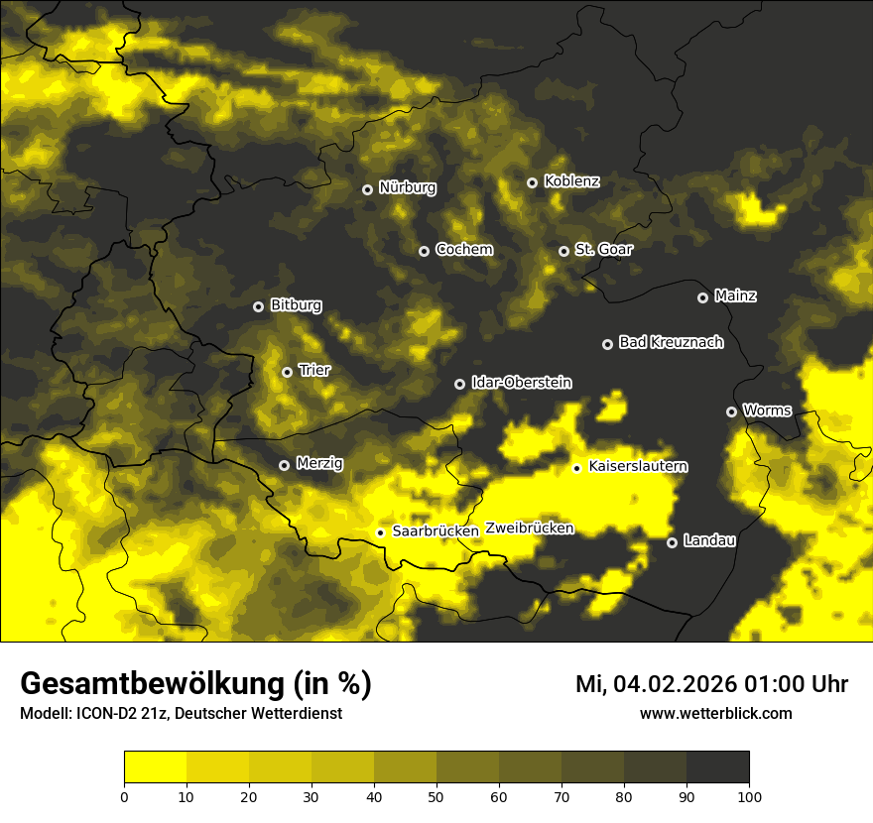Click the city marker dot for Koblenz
click(x=532, y=182)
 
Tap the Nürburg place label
click(x=407, y=187)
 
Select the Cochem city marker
click(x=424, y=251)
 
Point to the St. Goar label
click(x=603, y=250)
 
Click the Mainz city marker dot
click(x=702, y=297)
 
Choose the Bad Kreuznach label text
click(x=671, y=342)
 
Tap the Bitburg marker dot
click(x=258, y=306)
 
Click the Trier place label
click(x=314, y=370)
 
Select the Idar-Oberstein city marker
click(x=459, y=384)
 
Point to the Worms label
click(x=767, y=411)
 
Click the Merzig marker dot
click(x=284, y=465)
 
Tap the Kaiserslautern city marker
click(x=576, y=468)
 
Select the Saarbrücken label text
click(x=436, y=531)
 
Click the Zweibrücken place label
click(x=530, y=529)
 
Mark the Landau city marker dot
click(x=672, y=542)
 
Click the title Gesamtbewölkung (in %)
click(x=195, y=684)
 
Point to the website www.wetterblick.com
click(x=715, y=714)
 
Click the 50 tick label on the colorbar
click(x=436, y=795)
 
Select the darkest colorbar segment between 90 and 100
click(x=717, y=767)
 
